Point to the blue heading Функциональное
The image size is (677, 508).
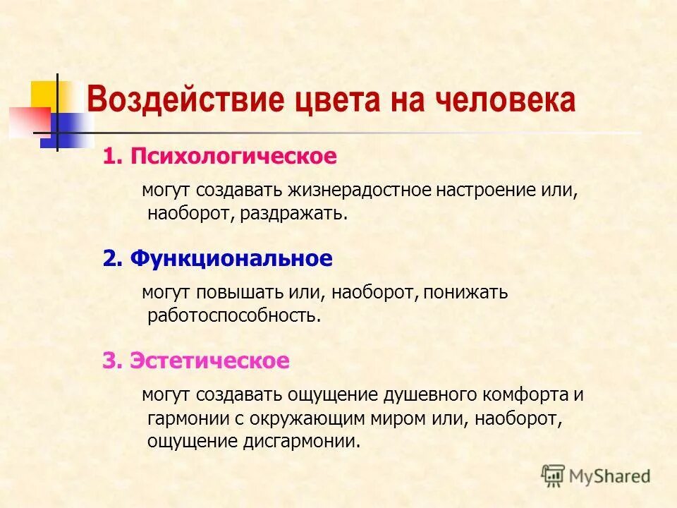[231, 259]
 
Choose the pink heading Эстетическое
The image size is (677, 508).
[209, 361]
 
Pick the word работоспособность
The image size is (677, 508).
[234, 315]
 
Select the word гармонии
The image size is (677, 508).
[184, 418]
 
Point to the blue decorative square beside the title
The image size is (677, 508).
[66, 131]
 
